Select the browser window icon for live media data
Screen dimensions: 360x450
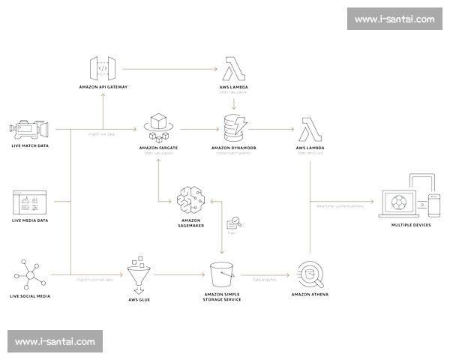pyautogui.click(x=29, y=202)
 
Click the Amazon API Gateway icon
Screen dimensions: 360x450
pyautogui.click(x=102, y=70)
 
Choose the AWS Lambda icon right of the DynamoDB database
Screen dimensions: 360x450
pyautogui.click(x=310, y=128)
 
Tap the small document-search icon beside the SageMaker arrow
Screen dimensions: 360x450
pyautogui.click(x=233, y=223)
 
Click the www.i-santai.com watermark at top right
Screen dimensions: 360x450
pyautogui.click(x=394, y=19)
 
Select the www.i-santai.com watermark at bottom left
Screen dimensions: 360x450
pyautogui.click(x=55, y=341)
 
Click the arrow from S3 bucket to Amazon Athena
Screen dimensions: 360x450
pyautogui.click(x=265, y=276)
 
